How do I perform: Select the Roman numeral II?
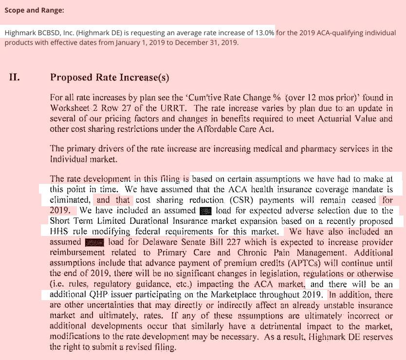click(15, 77)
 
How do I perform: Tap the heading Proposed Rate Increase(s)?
click(110, 77)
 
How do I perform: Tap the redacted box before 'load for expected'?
click(206, 211)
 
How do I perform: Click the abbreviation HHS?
click(59, 232)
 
